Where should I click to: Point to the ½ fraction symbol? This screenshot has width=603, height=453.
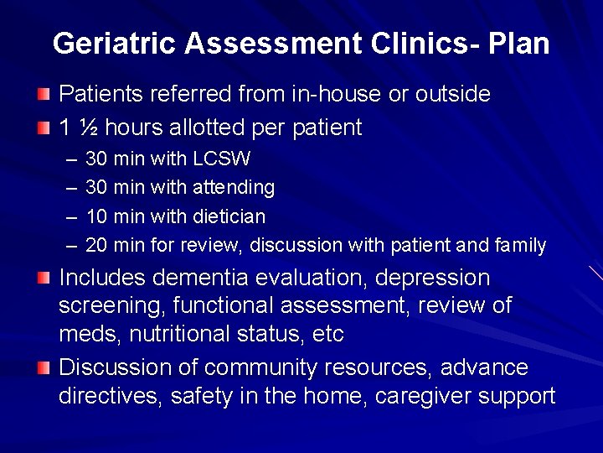tap(88, 128)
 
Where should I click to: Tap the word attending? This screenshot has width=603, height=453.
tap(234, 187)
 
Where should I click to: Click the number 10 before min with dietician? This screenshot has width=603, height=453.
tap(96, 216)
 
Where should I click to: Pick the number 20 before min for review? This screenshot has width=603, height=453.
tap(96, 246)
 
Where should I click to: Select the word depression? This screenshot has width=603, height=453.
tap(432, 278)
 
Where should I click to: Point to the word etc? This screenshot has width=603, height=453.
tap(327, 334)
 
